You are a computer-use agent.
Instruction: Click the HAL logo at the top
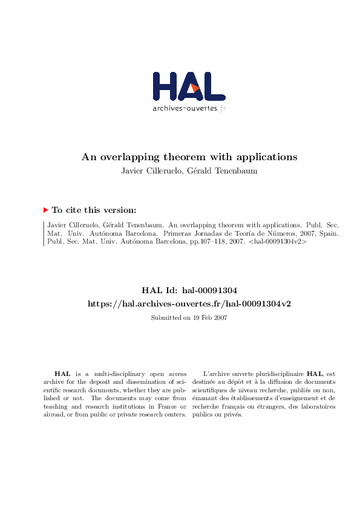[189, 86]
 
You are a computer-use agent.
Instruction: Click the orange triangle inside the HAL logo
[195, 88]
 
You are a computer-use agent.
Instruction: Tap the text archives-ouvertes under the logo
[185, 109]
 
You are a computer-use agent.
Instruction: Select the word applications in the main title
[268, 157]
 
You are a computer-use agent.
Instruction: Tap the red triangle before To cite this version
[45, 210]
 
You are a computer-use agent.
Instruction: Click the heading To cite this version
[94, 210]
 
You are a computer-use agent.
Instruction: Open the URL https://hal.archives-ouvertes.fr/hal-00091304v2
[189, 303]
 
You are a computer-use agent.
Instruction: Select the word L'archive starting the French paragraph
[216, 375]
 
